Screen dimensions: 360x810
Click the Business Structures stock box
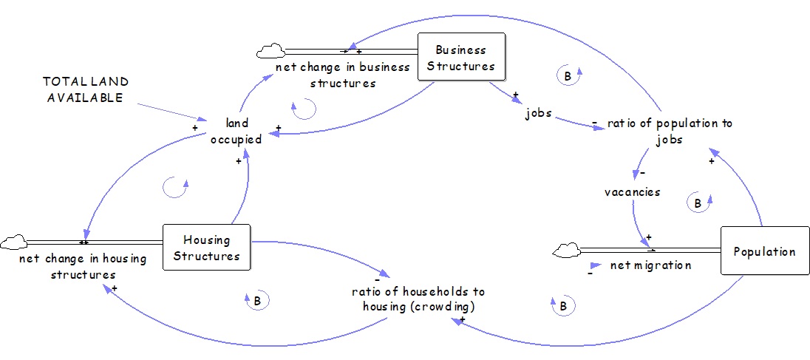(461, 57)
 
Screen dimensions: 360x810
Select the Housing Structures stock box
(206, 248)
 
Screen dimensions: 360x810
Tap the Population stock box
(764, 251)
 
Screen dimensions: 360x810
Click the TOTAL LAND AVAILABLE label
(85, 89)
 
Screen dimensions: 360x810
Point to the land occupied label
(237, 131)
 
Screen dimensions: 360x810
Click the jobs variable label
(539, 115)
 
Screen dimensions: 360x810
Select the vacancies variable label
(632, 191)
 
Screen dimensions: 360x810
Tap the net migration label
(650, 265)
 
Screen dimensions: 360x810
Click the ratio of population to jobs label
(670, 130)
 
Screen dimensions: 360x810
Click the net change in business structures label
(342, 75)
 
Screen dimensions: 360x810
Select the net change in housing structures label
(83, 266)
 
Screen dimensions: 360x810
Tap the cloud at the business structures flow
(270, 51)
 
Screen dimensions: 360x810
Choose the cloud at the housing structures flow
(13, 241)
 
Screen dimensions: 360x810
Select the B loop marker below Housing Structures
(256, 300)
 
